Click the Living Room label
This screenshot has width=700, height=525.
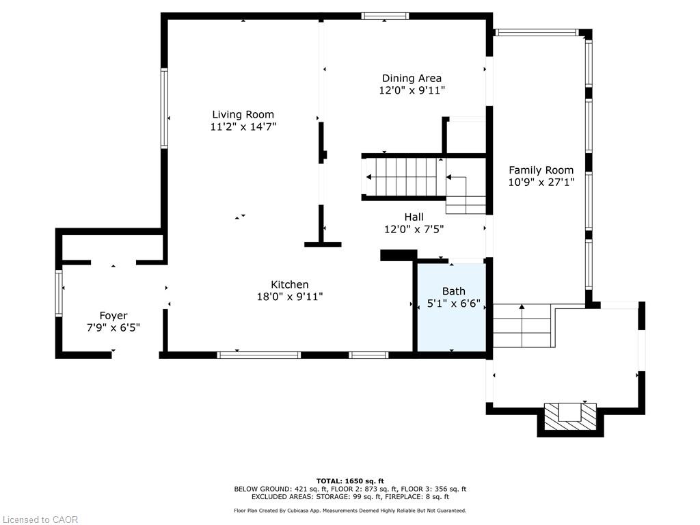[x=243, y=115]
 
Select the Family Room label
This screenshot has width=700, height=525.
[x=541, y=170]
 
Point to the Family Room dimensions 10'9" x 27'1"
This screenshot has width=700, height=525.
[x=541, y=183]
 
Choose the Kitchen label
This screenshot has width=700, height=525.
[x=289, y=284]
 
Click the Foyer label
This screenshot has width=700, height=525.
[x=113, y=316]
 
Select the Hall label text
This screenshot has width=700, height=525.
[x=414, y=217]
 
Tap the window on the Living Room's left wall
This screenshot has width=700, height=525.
[x=164, y=108]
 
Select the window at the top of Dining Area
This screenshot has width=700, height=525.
[x=385, y=16]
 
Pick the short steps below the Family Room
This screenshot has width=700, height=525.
[x=522, y=327]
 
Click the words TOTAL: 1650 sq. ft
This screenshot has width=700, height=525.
[x=350, y=481]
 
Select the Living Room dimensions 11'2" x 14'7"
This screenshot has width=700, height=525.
[x=243, y=126]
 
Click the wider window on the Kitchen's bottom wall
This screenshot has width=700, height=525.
[x=258, y=355]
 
